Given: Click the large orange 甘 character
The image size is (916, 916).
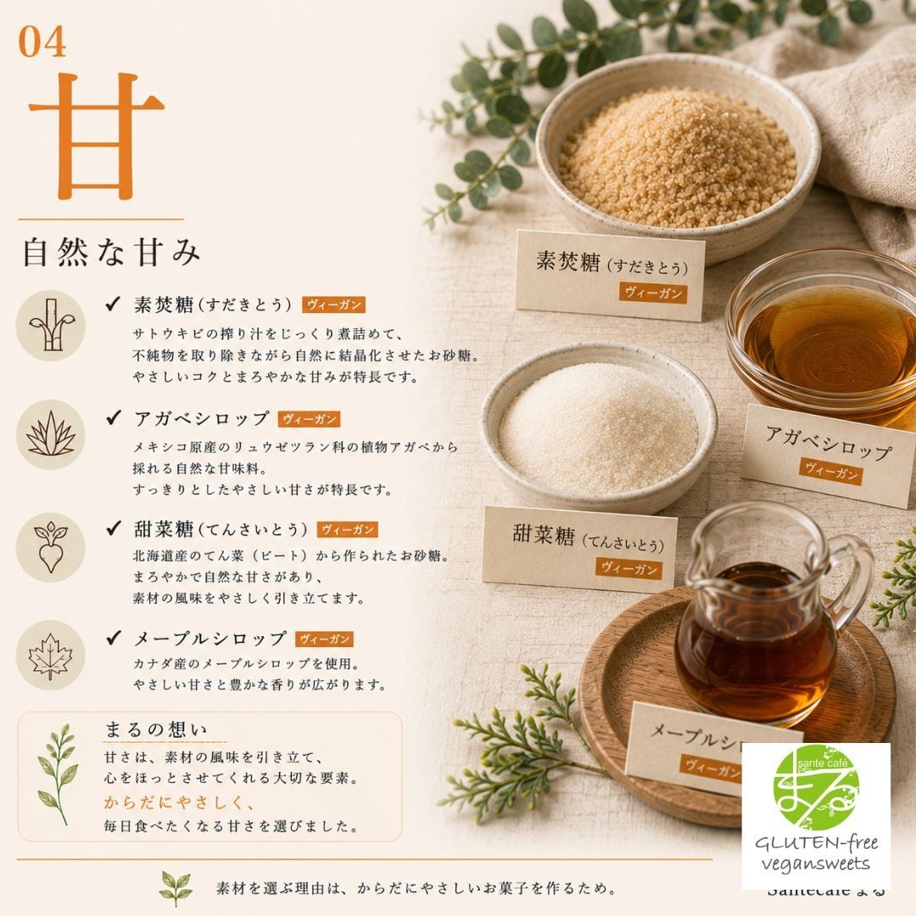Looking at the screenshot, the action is click(97, 136).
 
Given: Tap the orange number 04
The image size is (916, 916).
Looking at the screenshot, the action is click(42, 42).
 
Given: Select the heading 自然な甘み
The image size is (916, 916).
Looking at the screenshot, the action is click(112, 253).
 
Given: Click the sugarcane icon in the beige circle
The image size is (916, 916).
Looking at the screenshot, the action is click(51, 326).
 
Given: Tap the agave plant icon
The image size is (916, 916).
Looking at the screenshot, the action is click(51, 434).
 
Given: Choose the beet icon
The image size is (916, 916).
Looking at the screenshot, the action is click(51, 547).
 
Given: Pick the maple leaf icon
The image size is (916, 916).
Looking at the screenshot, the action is click(51, 656).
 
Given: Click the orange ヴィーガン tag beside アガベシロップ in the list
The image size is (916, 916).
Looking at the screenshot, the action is click(309, 420).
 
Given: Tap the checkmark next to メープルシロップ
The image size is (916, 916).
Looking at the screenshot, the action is click(114, 637).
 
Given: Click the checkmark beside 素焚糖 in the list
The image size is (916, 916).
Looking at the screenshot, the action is click(113, 304).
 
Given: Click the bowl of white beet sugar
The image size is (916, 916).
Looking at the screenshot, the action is click(599, 427).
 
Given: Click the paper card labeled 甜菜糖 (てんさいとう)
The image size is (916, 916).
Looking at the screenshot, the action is click(580, 549).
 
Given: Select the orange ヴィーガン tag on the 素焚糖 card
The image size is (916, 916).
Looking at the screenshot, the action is click(653, 293).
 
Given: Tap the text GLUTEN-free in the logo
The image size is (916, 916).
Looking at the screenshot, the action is click(816, 843).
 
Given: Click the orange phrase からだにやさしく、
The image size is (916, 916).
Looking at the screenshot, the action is click(180, 802).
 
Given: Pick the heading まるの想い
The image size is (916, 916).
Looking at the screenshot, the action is click(156, 729).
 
